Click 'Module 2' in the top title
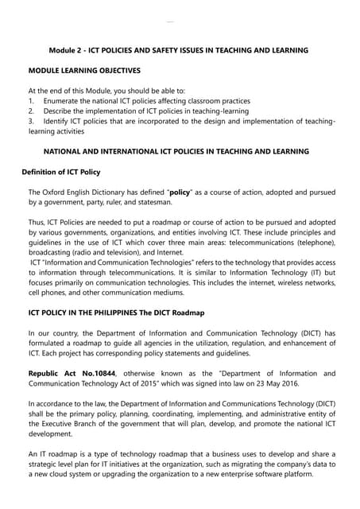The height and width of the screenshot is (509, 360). point(68,50)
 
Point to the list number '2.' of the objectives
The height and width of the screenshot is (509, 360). point(32,111)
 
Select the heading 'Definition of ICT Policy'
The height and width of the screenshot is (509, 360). point(60,173)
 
